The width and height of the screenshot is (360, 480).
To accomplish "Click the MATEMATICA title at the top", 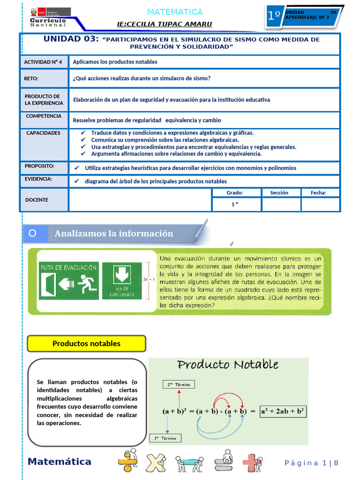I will coord(175,12).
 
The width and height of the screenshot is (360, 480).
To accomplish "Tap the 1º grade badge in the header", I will coord(274,15).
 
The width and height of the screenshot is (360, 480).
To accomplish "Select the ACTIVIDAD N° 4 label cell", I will coord(43,62).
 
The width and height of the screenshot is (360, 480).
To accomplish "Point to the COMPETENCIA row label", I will coord(44,116).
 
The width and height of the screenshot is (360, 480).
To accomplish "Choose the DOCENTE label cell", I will coord(37,200).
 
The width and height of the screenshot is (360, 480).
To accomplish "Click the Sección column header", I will coord(279,193).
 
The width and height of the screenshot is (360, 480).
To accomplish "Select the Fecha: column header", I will coord(318,193).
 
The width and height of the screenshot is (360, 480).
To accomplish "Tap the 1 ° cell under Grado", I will coord(235,204).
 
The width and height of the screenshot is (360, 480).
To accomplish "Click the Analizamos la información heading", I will coord(114,233).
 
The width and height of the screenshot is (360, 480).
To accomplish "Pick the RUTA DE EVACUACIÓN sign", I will coord(69,281).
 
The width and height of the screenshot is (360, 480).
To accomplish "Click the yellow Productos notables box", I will coord(86,344).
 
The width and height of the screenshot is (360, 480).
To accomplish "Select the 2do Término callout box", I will coord(179,384).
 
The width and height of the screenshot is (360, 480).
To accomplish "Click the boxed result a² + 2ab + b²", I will coord(283,412).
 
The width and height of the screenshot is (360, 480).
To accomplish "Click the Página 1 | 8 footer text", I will coord(311,463).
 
